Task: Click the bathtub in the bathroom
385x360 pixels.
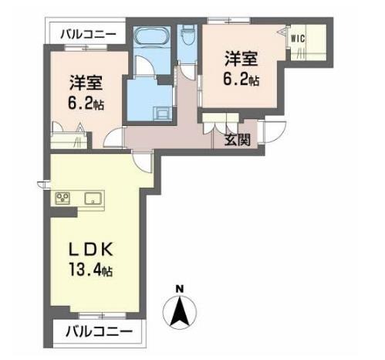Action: (x=152, y=37)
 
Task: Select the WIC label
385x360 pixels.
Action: (x=298, y=39)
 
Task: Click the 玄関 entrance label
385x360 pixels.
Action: (x=237, y=141)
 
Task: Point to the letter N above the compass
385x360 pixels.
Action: (x=180, y=289)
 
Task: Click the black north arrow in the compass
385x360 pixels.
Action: (x=180, y=311)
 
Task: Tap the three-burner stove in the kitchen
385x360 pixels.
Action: (x=62, y=198)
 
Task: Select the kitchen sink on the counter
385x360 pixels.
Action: (x=93, y=199)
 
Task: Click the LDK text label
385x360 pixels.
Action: (x=90, y=250)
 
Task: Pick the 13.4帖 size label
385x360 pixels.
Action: (x=90, y=270)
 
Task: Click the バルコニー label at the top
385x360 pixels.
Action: (x=88, y=34)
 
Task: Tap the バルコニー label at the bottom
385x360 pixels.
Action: (x=99, y=332)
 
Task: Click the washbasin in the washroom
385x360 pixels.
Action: (x=161, y=114)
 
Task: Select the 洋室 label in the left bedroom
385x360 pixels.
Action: (x=86, y=83)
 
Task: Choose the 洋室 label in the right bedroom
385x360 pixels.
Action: (x=241, y=59)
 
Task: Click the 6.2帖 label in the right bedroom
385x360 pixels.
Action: (x=241, y=79)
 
